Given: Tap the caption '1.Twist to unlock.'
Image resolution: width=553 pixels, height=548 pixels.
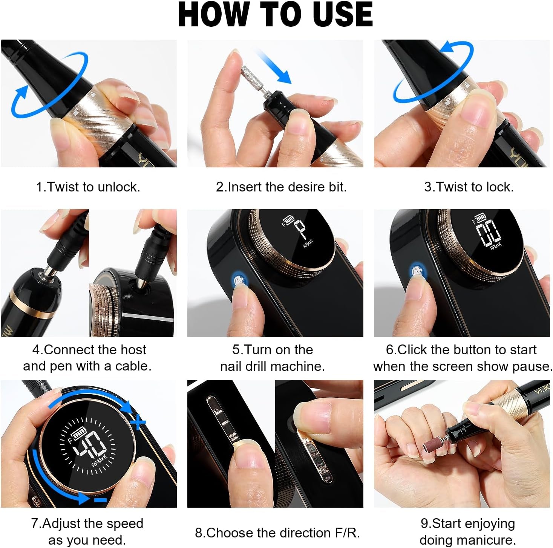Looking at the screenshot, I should point(88,187).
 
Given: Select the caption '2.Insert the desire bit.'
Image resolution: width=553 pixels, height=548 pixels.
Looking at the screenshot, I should point(281,187).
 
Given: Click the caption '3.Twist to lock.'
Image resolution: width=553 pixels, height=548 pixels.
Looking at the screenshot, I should point(469,187).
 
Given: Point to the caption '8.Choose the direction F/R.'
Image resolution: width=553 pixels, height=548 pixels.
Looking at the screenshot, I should point(277,533).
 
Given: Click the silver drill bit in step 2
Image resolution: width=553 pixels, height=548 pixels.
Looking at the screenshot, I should point(249,74).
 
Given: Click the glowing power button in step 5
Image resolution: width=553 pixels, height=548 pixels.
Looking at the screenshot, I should point(239,281).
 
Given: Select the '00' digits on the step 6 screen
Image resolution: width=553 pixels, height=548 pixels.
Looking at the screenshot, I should point(488,233).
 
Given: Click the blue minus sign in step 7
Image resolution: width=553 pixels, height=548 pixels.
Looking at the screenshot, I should point(100,500).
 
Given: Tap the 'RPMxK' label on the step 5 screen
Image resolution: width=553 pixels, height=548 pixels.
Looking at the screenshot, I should point(308,243).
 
